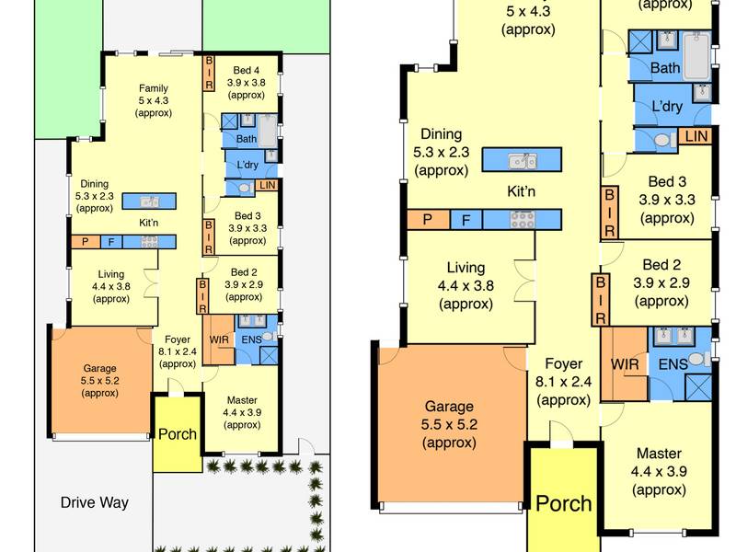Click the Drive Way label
pos(95,502)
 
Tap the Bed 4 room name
pos(246,71)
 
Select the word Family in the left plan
pos(154,88)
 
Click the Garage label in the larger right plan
pos(449,407)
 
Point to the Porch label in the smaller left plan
pos(178,434)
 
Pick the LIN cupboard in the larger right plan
pos(696,136)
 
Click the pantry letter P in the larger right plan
pos(427,220)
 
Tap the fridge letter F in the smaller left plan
pos(111,242)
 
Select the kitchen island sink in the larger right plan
pos(523,161)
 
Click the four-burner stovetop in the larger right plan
pos(523,220)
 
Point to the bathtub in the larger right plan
pos(696,56)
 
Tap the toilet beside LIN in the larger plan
pos(662,140)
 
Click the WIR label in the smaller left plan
pos(219,339)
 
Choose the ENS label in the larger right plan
pos(673,364)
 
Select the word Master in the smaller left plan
pos(242,400)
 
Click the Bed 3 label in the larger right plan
pos(667,181)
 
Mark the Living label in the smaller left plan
pos(110,274)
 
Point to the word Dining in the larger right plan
pos(442,134)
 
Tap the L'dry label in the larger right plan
pos(667,106)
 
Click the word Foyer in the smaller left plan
pos(178,339)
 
